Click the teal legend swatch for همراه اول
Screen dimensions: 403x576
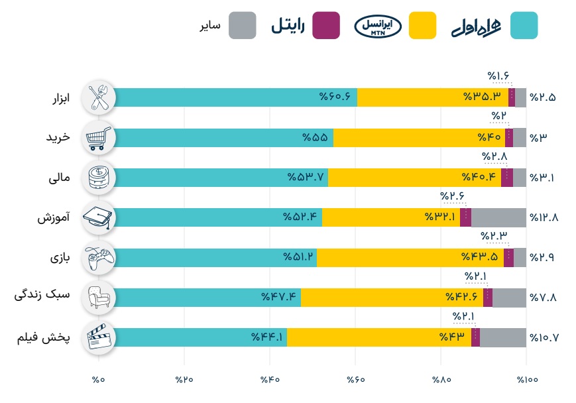pos(520,25)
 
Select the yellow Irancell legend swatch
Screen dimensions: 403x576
pos(418,25)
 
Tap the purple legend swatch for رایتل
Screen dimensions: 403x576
pos(326,25)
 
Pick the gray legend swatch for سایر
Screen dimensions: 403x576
pos(242,25)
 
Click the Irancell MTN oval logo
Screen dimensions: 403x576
pos(378,26)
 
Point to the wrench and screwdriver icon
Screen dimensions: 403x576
pos(99,97)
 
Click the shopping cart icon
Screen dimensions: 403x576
pos(99,138)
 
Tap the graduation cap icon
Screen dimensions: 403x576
pos(99,217)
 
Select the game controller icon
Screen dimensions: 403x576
pos(99,257)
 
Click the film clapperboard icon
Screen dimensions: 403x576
pos(99,337)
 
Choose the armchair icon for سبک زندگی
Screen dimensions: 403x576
pos(99,297)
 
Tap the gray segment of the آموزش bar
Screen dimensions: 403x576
pos(498,217)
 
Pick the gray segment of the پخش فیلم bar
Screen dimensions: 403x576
pos(503,337)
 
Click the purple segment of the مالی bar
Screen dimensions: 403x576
pos(507,178)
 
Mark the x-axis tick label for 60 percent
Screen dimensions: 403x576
pos(355,380)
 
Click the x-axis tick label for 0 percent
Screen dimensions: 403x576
pos(99,380)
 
